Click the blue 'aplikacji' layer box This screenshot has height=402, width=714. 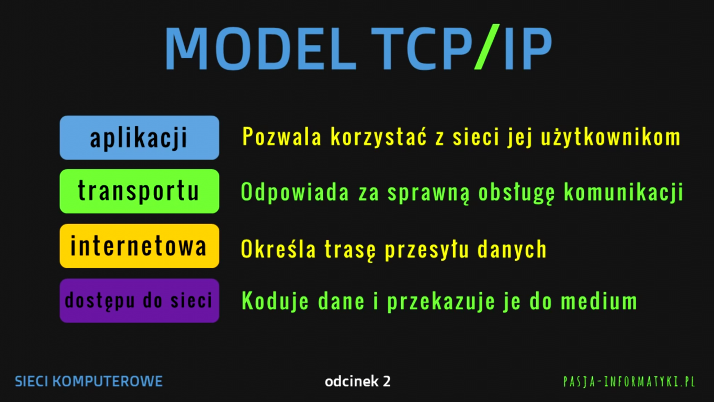pyautogui.click(x=139, y=138)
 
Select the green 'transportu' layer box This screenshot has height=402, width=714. pyautogui.click(x=139, y=191)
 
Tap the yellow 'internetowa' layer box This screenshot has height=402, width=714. pyautogui.click(x=139, y=245)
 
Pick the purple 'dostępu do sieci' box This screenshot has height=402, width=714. pyautogui.click(x=139, y=300)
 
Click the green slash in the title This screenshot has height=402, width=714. pyautogui.click(x=487, y=47)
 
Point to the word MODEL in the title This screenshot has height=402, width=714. pyautogui.click(x=260, y=48)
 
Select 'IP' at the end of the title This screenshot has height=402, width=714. pyautogui.click(x=528, y=48)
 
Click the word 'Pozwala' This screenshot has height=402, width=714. pyautogui.click(x=282, y=137)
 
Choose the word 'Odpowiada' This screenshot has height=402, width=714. pyautogui.click(x=295, y=193)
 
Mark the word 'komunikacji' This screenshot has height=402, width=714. pyautogui.click(x=624, y=193)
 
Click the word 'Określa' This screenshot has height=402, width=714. pyautogui.click(x=278, y=249)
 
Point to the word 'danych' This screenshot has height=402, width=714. pyautogui.click(x=512, y=249)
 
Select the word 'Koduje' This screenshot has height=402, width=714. pyautogui.click(x=275, y=301)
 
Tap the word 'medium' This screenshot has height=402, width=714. pyautogui.click(x=599, y=301)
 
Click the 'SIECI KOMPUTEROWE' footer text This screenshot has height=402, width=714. pyautogui.click(x=88, y=381)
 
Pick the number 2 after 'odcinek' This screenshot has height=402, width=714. pyautogui.click(x=387, y=381)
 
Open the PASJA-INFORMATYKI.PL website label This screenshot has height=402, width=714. pyautogui.click(x=629, y=382)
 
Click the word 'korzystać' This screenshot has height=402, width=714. pyautogui.click(x=379, y=137)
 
